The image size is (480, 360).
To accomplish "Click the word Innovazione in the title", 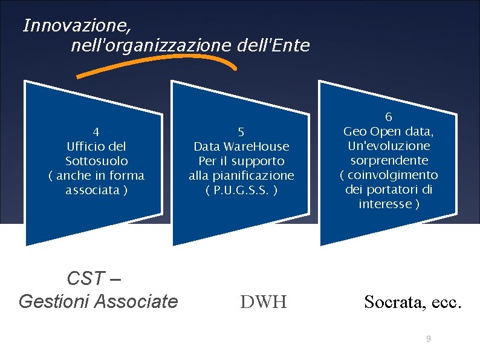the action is tap(76, 26).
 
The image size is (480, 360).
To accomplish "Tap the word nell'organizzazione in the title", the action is tap(151, 45).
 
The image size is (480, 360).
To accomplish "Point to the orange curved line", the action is tap(157, 60).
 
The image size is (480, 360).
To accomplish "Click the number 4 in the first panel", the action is tap(96, 131).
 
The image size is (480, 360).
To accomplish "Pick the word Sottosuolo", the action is tap(96, 161).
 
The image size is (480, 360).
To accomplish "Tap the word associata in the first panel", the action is tap(92, 190).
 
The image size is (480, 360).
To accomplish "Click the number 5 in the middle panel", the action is tap(241, 131).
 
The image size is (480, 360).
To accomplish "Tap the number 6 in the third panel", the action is tap(389, 117).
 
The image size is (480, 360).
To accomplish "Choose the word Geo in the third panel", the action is tap(355, 131).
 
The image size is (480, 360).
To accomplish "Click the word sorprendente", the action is tap(389, 160).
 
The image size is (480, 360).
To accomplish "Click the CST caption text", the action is tap(86, 280).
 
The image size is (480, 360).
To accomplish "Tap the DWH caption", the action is tap(263, 301).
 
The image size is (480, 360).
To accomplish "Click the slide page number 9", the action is tap(428, 339).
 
